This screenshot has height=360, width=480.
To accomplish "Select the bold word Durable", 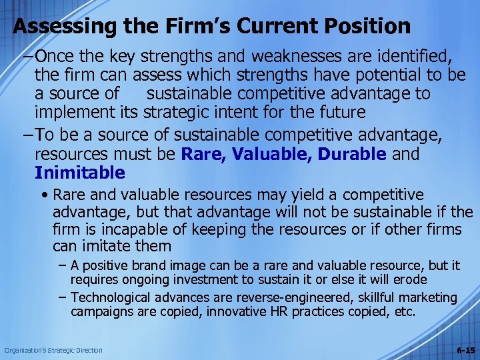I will tap(351, 155).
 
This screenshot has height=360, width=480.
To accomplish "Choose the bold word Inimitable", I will tap(80, 173).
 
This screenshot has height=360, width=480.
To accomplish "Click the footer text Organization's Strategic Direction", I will tap(54, 350).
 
